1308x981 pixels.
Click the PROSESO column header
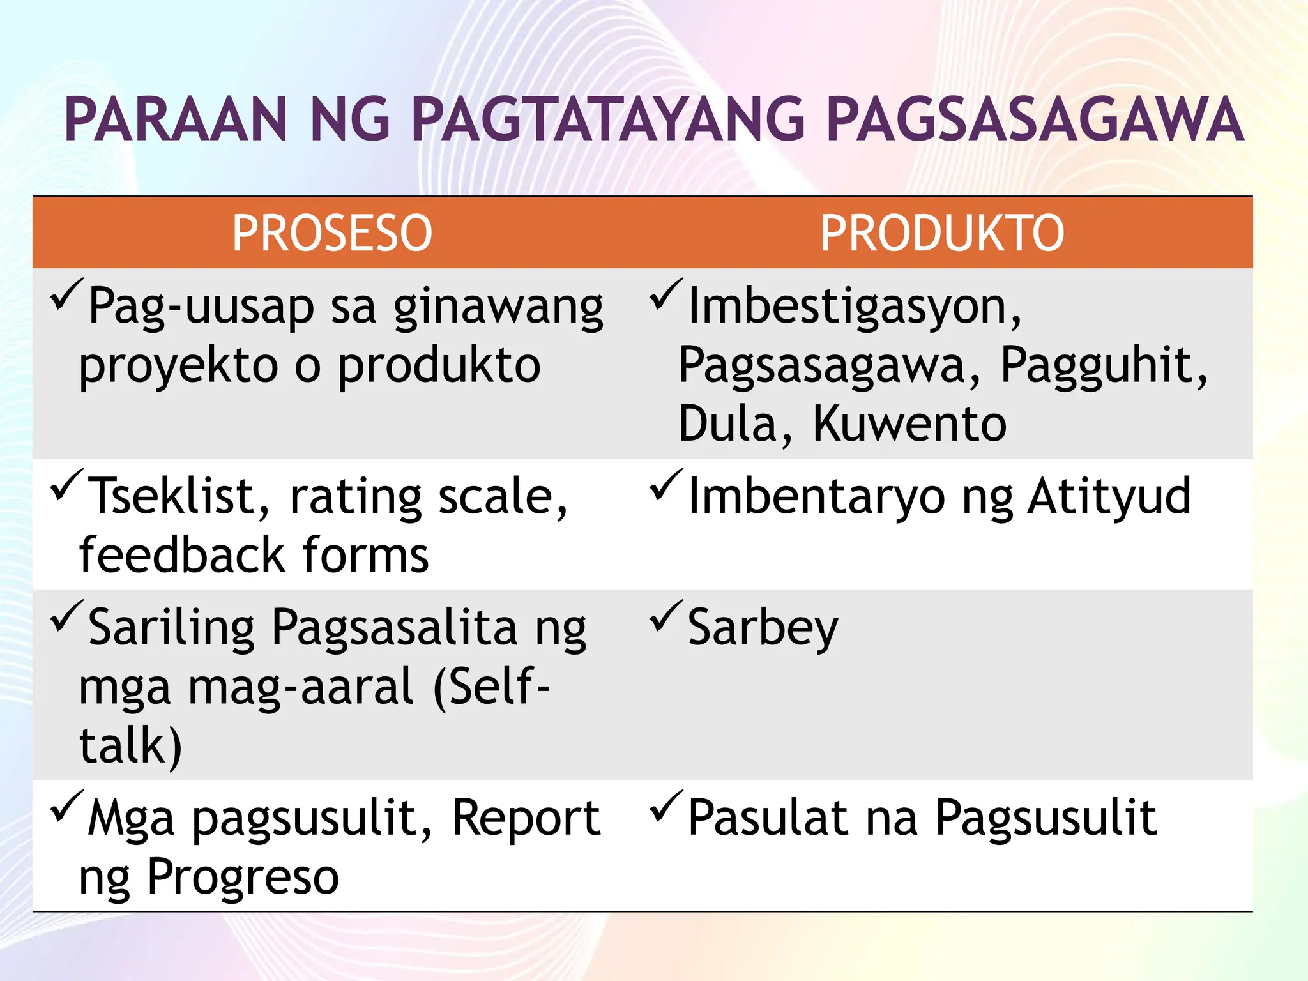(332, 233)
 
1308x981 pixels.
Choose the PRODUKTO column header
(942, 233)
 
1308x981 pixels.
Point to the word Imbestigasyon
(855, 307)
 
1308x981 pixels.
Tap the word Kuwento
(909, 424)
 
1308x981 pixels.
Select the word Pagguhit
(1104, 365)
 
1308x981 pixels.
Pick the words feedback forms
(254, 554)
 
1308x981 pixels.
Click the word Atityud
(1109, 496)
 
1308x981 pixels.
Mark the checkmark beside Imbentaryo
(666, 484)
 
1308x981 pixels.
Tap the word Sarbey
(763, 628)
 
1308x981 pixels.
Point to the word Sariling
(171, 628)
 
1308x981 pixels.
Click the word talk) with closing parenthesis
(131, 745)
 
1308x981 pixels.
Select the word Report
(526, 818)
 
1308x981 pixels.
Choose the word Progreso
(243, 878)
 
